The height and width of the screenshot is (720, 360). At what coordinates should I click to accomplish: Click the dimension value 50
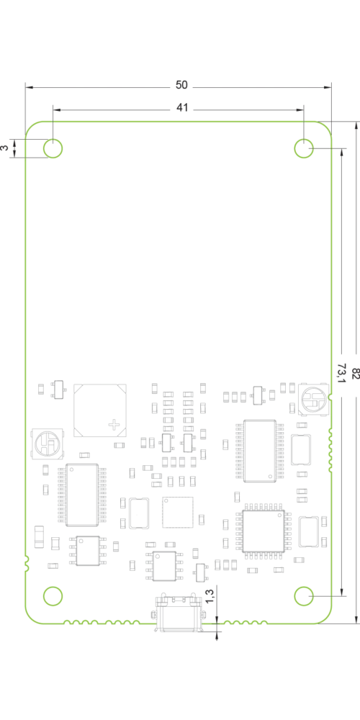coord(182,85)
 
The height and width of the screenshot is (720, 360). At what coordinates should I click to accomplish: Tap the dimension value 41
coord(182,108)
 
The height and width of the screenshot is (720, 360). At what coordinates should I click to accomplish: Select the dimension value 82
coord(355,373)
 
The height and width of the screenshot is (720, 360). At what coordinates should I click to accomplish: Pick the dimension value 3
coord(4,148)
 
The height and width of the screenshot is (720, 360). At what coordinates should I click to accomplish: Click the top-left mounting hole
coord(53,148)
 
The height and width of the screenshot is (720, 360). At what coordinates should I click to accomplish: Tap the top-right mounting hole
coord(304,148)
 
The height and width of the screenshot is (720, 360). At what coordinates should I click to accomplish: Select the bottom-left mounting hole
coord(53,596)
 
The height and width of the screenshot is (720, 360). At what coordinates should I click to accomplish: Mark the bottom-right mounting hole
coord(304,596)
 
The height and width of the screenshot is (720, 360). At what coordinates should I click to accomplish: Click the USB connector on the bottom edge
coord(179,613)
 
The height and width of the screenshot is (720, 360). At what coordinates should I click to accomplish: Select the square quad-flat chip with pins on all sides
coord(263,531)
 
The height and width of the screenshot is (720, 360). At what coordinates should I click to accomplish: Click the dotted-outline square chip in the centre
coord(178,512)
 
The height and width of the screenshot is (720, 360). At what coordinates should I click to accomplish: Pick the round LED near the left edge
coord(48,444)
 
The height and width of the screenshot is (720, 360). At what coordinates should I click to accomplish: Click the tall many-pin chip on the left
coord(82,495)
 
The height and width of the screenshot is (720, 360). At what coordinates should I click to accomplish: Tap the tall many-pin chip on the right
coord(260,451)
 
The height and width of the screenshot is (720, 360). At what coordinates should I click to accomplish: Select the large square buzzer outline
coord(101,410)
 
